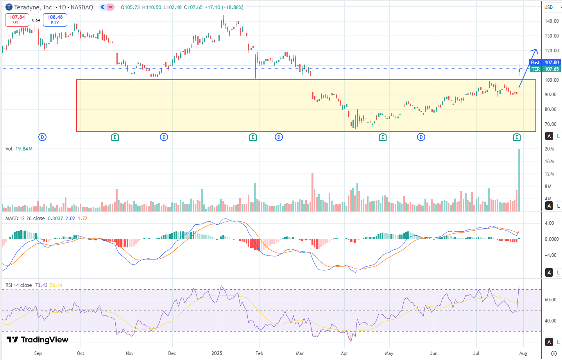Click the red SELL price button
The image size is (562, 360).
tap(17, 20)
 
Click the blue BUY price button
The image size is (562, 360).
tap(55, 20)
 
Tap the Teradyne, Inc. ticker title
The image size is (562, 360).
tap(34, 7)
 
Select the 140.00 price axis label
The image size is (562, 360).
tap(551, 21)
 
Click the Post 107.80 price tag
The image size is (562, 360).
tap(545, 63)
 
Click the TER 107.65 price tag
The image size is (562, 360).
tap(545, 69)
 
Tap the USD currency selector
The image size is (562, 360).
tap(549, 7)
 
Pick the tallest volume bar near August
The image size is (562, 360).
tap(519, 180)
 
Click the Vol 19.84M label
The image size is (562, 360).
tap(19, 149)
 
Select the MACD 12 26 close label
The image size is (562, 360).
tap(25, 219)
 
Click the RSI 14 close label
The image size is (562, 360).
tap(19, 285)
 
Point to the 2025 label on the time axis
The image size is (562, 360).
tap(217, 353)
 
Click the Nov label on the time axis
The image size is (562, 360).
tap(129, 353)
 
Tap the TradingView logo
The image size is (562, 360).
tap(38, 340)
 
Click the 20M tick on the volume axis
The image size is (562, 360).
tap(549, 149)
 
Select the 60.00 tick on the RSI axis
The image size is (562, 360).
tap(551, 300)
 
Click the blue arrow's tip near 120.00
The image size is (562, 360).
tap(536, 49)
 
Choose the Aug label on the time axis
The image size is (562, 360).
tap(523, 353)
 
